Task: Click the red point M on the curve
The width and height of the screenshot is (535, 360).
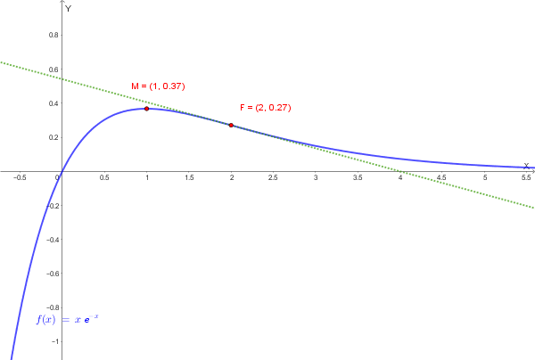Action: point(147,109)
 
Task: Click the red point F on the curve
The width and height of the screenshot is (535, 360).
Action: point(232,126)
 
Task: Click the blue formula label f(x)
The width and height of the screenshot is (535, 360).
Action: point(68,319)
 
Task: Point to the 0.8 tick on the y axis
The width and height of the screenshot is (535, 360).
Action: point(54,35)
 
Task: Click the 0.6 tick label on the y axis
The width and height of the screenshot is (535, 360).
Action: point(54,69)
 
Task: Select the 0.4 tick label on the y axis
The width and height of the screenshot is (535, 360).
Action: point(54,103)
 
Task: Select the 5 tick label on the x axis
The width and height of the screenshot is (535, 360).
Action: point(486,178)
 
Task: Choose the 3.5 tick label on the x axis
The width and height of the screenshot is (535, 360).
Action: point(358,178)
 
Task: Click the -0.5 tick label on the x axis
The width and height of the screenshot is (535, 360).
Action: point(20,178)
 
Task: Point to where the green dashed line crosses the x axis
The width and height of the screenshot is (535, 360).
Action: point(401,171)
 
